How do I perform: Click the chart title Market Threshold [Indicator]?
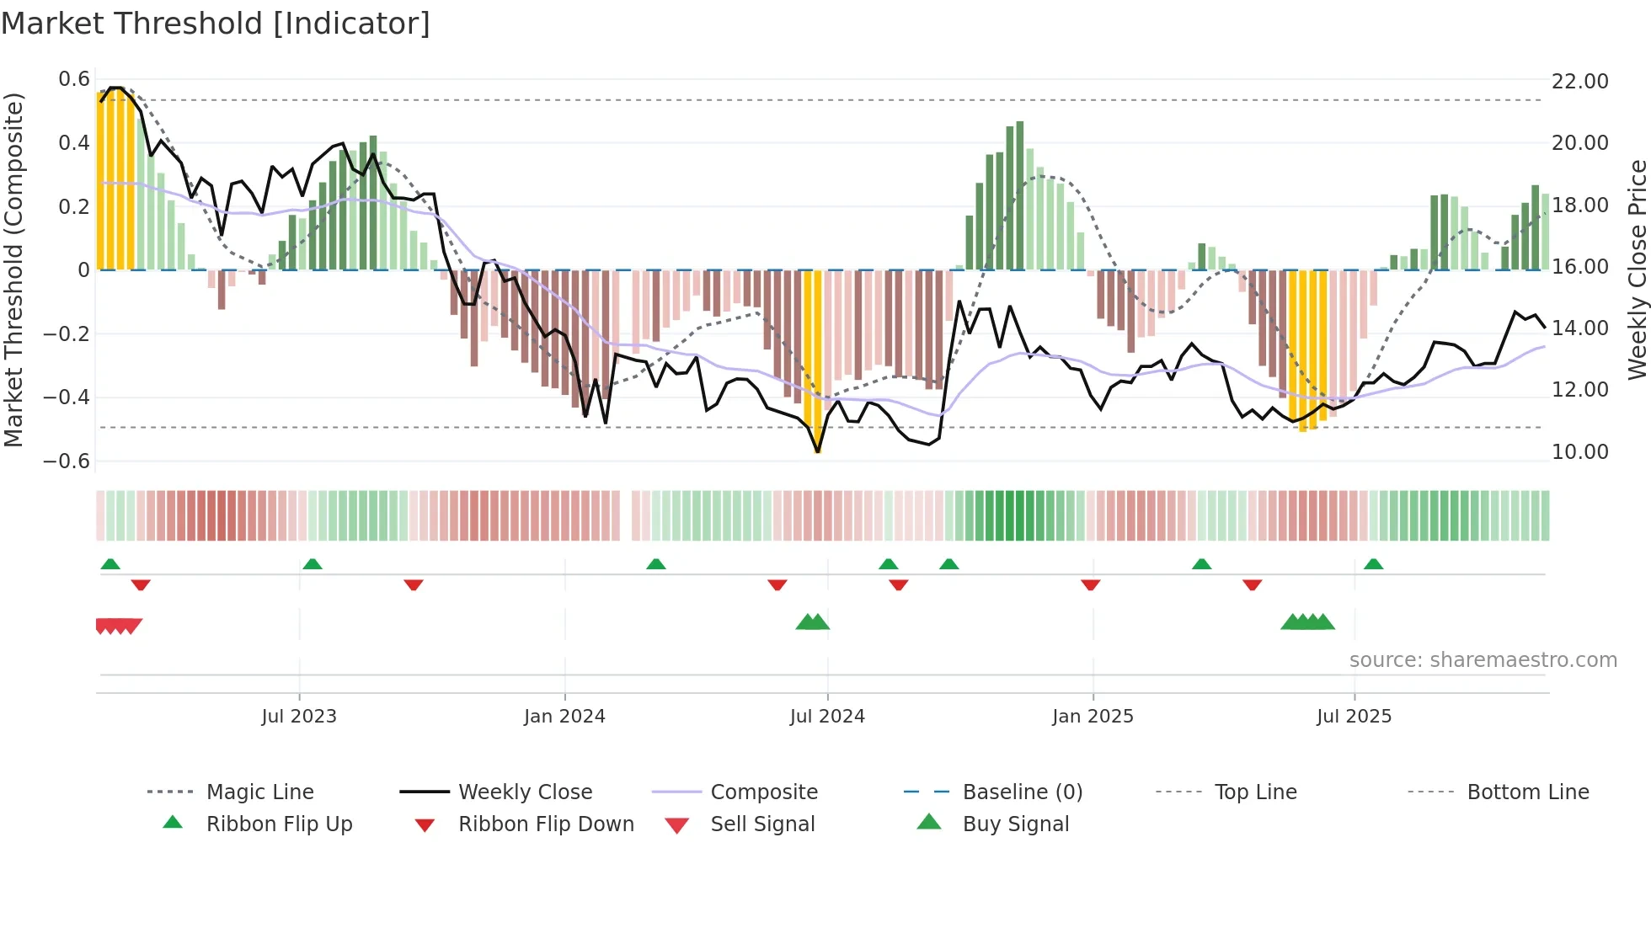coord(216,24)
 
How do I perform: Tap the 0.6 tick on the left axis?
coord(74,79)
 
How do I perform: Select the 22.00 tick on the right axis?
coord(1579,82)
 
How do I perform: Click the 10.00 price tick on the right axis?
coord(1579,452)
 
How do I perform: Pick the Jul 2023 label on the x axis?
coord(299,717)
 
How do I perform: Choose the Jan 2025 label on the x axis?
coord(1093,717)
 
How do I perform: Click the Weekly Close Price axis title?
coord(1637,269)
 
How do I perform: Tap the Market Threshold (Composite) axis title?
coord(13,269)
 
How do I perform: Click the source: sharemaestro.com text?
coord(1483,660)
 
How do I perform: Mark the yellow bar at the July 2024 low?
coord(817,362)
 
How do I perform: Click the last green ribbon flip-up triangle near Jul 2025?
coord(1373,564)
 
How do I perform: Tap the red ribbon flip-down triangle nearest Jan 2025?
coord(1091,584)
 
